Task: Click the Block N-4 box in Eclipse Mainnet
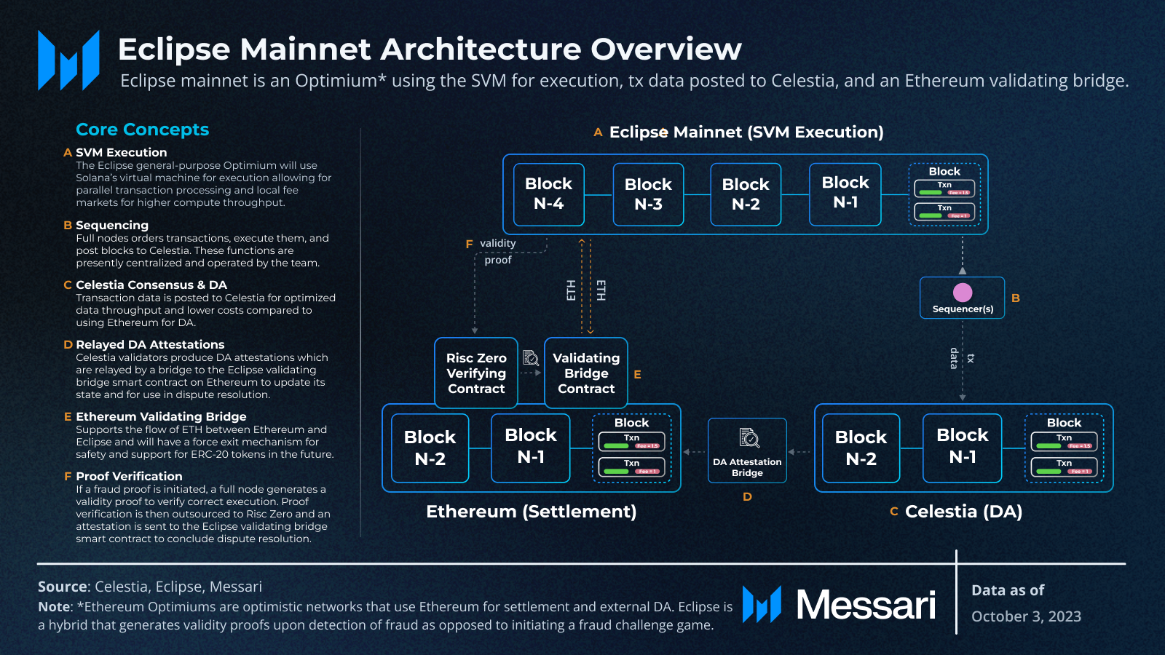pyautogui.click(x=549, y=194)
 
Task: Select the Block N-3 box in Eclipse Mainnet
pyautogui.click(x=648, y=194)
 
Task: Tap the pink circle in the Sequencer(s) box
pyautogui.click(x=963, y=292)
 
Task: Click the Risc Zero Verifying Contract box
pyautogui.click(x=476, y=373)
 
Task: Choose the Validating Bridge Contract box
pyautogui.click(x=586, y=373)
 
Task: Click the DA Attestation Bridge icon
pyautogui.click(x=749, y=437)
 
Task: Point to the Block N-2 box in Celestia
pyautogui.click(x=861, y=448)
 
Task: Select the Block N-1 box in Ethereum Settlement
pyautogui.click(x=531, y=446)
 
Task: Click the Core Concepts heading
pyautogui.click(x=143, y=130)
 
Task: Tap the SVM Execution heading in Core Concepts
pyautogui.click(x=121, y=152)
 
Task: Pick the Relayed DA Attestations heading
pyautogui.click(x=150, y=344)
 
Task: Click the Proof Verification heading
pyautogui.click(x=129, y=476)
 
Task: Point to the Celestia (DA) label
pyautogui.click(x=963, y=511)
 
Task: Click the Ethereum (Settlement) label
pyautogui.click(x=531, y=511)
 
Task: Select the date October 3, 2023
pyautogui.click(x=1026, y=616)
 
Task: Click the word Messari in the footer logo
pyautogui.click(x=866, y=605)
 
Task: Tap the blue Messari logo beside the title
pyautogui.click(x=68, y=60)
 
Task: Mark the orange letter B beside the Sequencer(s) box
pyautogui.click(x=1016, y=298)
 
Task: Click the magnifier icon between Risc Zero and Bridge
pyautogui.click(x=531, y=357)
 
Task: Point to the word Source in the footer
pyautogui.click(x=63, y=587)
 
